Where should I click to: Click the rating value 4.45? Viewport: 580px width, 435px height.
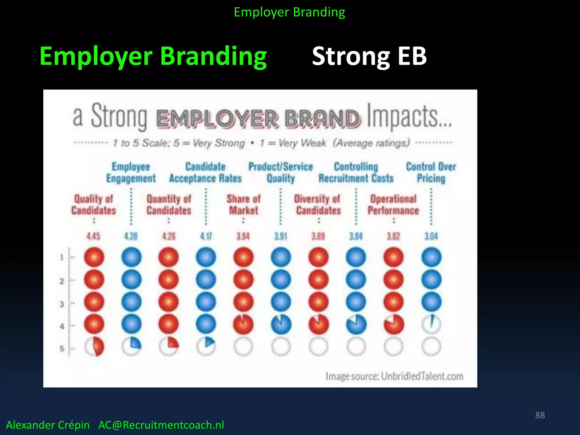(93, 236)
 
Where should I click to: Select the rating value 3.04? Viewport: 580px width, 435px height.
(431, 236)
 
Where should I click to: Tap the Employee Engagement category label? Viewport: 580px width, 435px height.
(131, 172)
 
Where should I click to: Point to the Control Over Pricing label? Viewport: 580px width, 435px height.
(431, 172)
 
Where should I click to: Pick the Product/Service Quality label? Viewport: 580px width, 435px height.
(281, 172)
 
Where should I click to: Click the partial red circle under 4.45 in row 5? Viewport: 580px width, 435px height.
(94, 347)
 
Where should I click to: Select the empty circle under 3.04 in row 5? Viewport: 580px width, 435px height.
(431, 347)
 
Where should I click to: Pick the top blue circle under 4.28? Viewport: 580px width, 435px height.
(131, 257)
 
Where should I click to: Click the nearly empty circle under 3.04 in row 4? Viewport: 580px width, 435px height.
(431, 324)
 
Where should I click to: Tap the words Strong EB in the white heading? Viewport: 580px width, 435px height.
(369, 56)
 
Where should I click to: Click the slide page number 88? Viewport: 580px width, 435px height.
(540, 415)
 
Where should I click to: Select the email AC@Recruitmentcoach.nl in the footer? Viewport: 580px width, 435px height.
(161, 425)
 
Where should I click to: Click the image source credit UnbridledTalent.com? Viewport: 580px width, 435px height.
(394, 376)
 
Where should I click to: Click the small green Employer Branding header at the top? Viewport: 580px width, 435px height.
(289, 12)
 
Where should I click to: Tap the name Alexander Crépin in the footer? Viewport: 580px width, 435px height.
(48, 425)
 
